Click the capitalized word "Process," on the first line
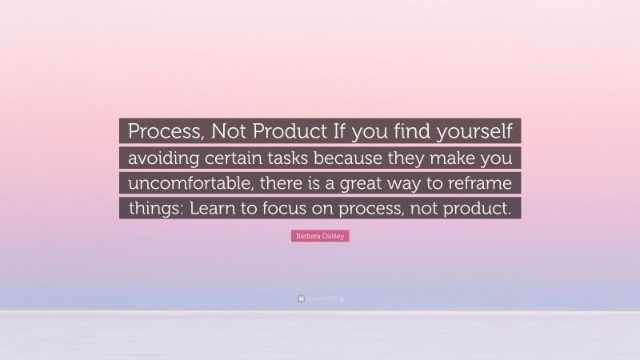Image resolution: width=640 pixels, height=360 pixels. tap(162, 130)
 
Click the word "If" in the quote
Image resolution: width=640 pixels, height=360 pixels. tap(337, 130)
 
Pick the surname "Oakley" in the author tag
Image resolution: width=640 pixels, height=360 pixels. tap(334, 237)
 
